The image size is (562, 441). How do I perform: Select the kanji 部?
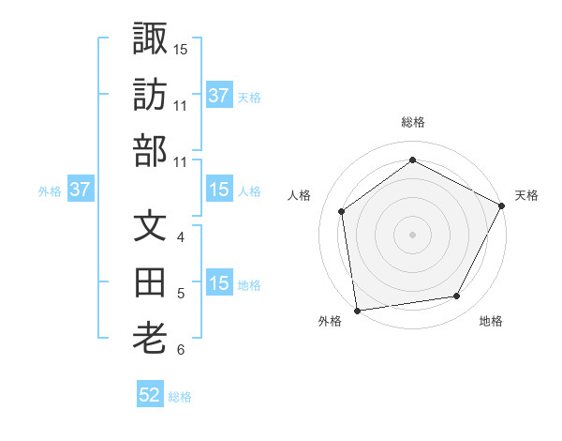tap(150, 150)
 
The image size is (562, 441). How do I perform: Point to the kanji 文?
tap(150, 228)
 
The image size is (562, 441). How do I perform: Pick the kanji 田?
tap(150, 284)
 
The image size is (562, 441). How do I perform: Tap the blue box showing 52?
tap(150, 395)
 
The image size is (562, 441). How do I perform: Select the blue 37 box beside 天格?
tap(218, 95)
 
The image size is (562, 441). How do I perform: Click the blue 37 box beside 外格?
tap(80, 190)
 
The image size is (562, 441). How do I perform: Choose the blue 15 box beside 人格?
tap(218, 190)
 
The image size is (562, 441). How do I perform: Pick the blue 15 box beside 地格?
tap(218, 284)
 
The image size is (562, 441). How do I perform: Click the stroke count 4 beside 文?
tap(181, 237)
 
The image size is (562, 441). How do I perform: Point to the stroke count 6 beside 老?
tap(181, 350)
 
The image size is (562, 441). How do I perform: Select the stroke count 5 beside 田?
tap(181, 294)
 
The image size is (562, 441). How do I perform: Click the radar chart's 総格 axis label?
tap(412, 122)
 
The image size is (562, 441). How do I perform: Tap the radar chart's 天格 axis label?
tap(526, 195)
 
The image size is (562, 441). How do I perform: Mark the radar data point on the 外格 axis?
tap(357, 310)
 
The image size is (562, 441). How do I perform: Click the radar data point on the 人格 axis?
tap(342, 211)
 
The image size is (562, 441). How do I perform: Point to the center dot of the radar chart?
tap(412, 234)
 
